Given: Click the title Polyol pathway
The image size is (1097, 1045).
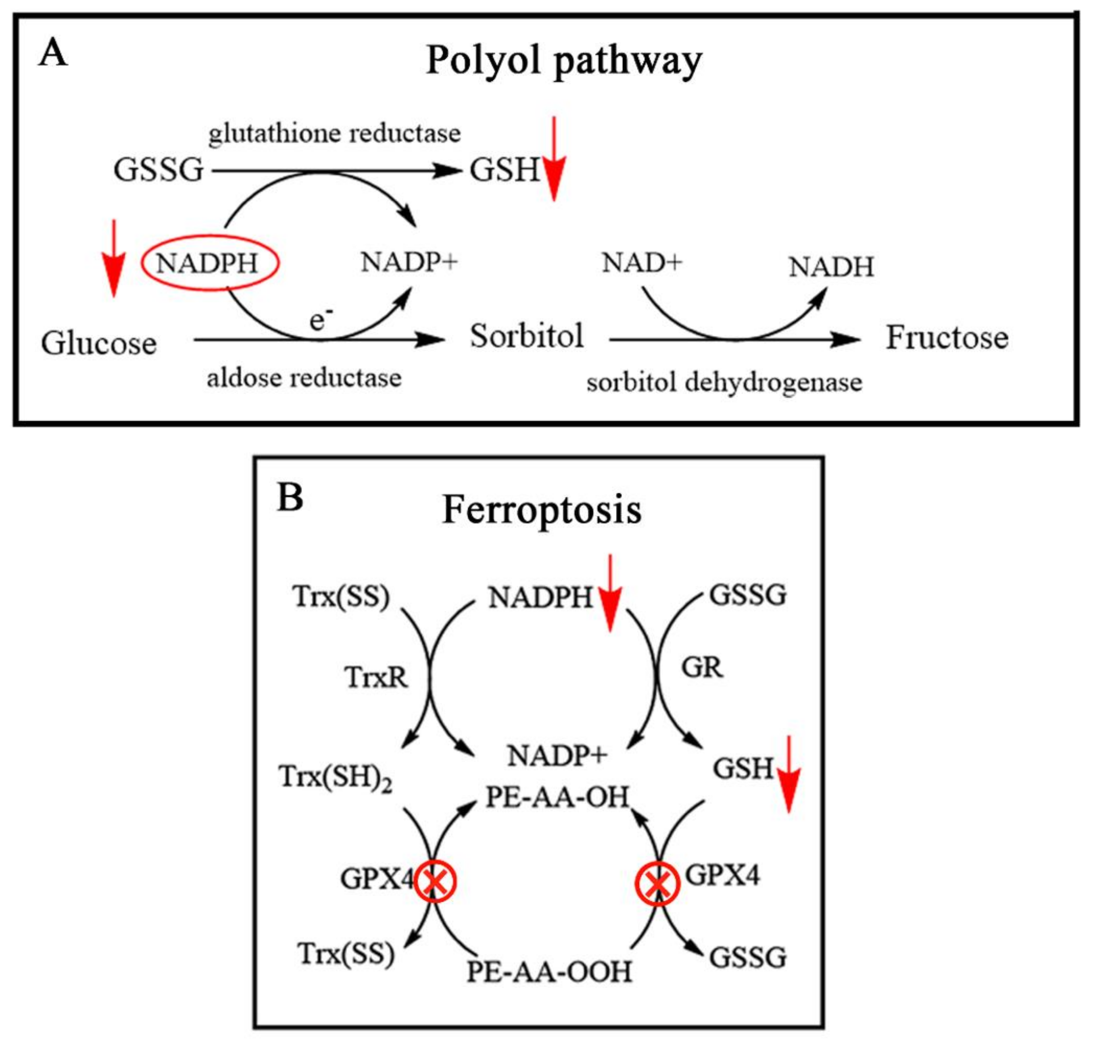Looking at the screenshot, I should click(563, 60).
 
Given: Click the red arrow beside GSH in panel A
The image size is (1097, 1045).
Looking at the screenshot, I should click(554, 162).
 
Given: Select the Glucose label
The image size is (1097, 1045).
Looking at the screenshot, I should click(99, 343).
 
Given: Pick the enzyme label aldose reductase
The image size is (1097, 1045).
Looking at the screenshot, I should click(304, 378).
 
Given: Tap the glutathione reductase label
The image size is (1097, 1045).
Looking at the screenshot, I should click(334, 134).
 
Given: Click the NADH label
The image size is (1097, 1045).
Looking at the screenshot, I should click(831, 267).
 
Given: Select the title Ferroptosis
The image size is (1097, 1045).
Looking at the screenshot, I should click(542, 510).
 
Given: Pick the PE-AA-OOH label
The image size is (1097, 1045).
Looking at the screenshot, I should click(549, 972).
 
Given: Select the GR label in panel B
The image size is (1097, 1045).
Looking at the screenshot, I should click(702, 667).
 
